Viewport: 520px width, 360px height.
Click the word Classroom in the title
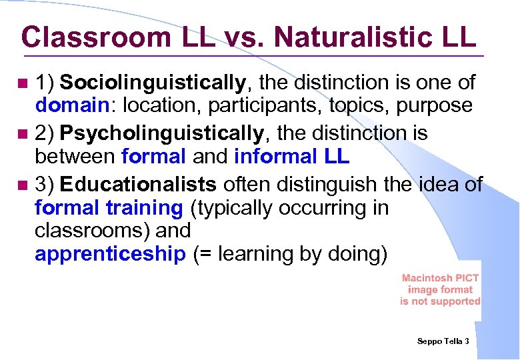click(94, 37)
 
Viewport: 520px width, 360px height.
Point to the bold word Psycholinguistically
click(162, 133)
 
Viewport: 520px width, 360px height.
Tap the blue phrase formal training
click(109, 208)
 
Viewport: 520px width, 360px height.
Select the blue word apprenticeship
click(110, 254)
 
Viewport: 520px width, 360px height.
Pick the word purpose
click(435, 105)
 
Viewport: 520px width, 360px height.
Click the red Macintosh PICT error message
click(440, 290)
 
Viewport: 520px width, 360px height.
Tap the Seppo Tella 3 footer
click(443, 341)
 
